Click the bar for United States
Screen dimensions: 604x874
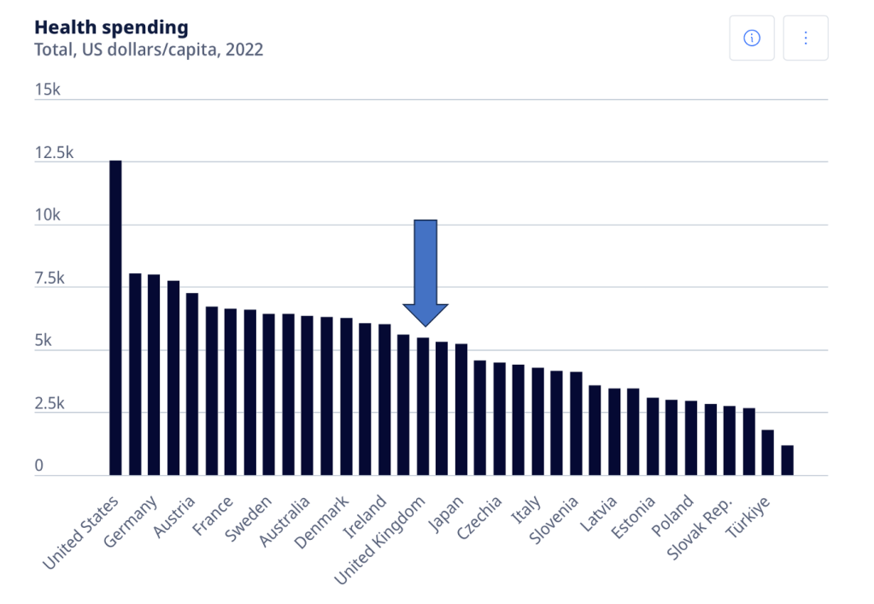[x=115, y=317]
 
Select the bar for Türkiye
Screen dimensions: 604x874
[x=767, y=452]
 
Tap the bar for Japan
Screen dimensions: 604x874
[x=460, y=409]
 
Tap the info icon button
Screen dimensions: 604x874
[x=752, y=38]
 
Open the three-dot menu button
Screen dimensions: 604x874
[x=806, y=38]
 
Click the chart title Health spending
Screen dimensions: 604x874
[x=111, y=27]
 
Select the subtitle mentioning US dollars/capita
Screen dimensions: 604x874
[x=149, y=50]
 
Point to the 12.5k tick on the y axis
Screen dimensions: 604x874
[x=54, y=154]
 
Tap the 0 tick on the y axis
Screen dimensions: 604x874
[x=39, y=466]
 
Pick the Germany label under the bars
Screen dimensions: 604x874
[x=131, y=520]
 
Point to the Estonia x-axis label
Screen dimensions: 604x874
[x=633, y=518]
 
